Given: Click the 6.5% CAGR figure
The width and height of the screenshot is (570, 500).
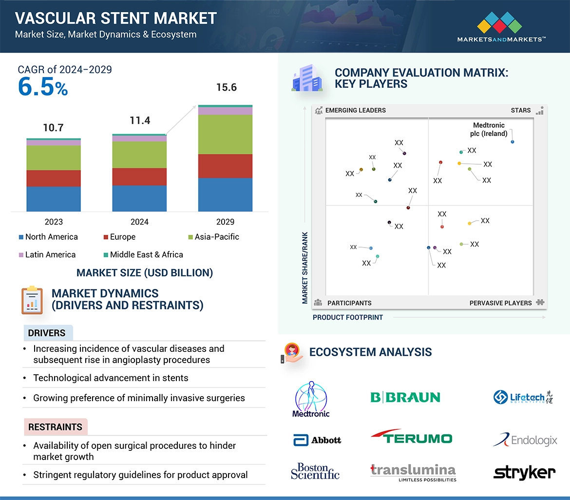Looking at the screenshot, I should [x=43, y=87].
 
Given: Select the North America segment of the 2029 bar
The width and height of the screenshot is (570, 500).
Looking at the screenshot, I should [x=225, y=194].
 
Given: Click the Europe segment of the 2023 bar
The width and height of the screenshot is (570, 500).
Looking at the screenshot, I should [x=54, y=178].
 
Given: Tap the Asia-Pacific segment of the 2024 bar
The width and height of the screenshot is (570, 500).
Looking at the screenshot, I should [x=139, y=155].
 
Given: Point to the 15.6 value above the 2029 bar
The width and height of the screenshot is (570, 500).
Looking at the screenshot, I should [x=226, y=87].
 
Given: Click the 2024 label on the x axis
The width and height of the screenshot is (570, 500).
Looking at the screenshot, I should [x=139, y=222].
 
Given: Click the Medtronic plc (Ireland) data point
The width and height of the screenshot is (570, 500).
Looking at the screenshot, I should [x=513, y=142].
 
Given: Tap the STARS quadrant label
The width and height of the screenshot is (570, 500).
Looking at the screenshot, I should [x=521, y=110].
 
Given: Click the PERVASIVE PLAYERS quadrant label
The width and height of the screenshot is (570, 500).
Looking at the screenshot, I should [x=500, y=303].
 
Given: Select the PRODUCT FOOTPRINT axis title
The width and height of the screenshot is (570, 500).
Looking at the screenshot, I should [x=348, y=317].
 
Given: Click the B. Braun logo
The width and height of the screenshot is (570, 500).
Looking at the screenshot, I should [x=405, y=397].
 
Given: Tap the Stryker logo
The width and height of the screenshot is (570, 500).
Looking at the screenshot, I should [x=524, y=472].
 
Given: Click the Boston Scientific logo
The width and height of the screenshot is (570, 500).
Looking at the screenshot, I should [x=315, y=471].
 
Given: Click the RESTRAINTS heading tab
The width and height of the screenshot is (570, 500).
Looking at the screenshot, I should [x=55, y=427].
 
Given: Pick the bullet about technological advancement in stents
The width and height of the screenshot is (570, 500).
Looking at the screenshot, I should [x=111, y=378].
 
